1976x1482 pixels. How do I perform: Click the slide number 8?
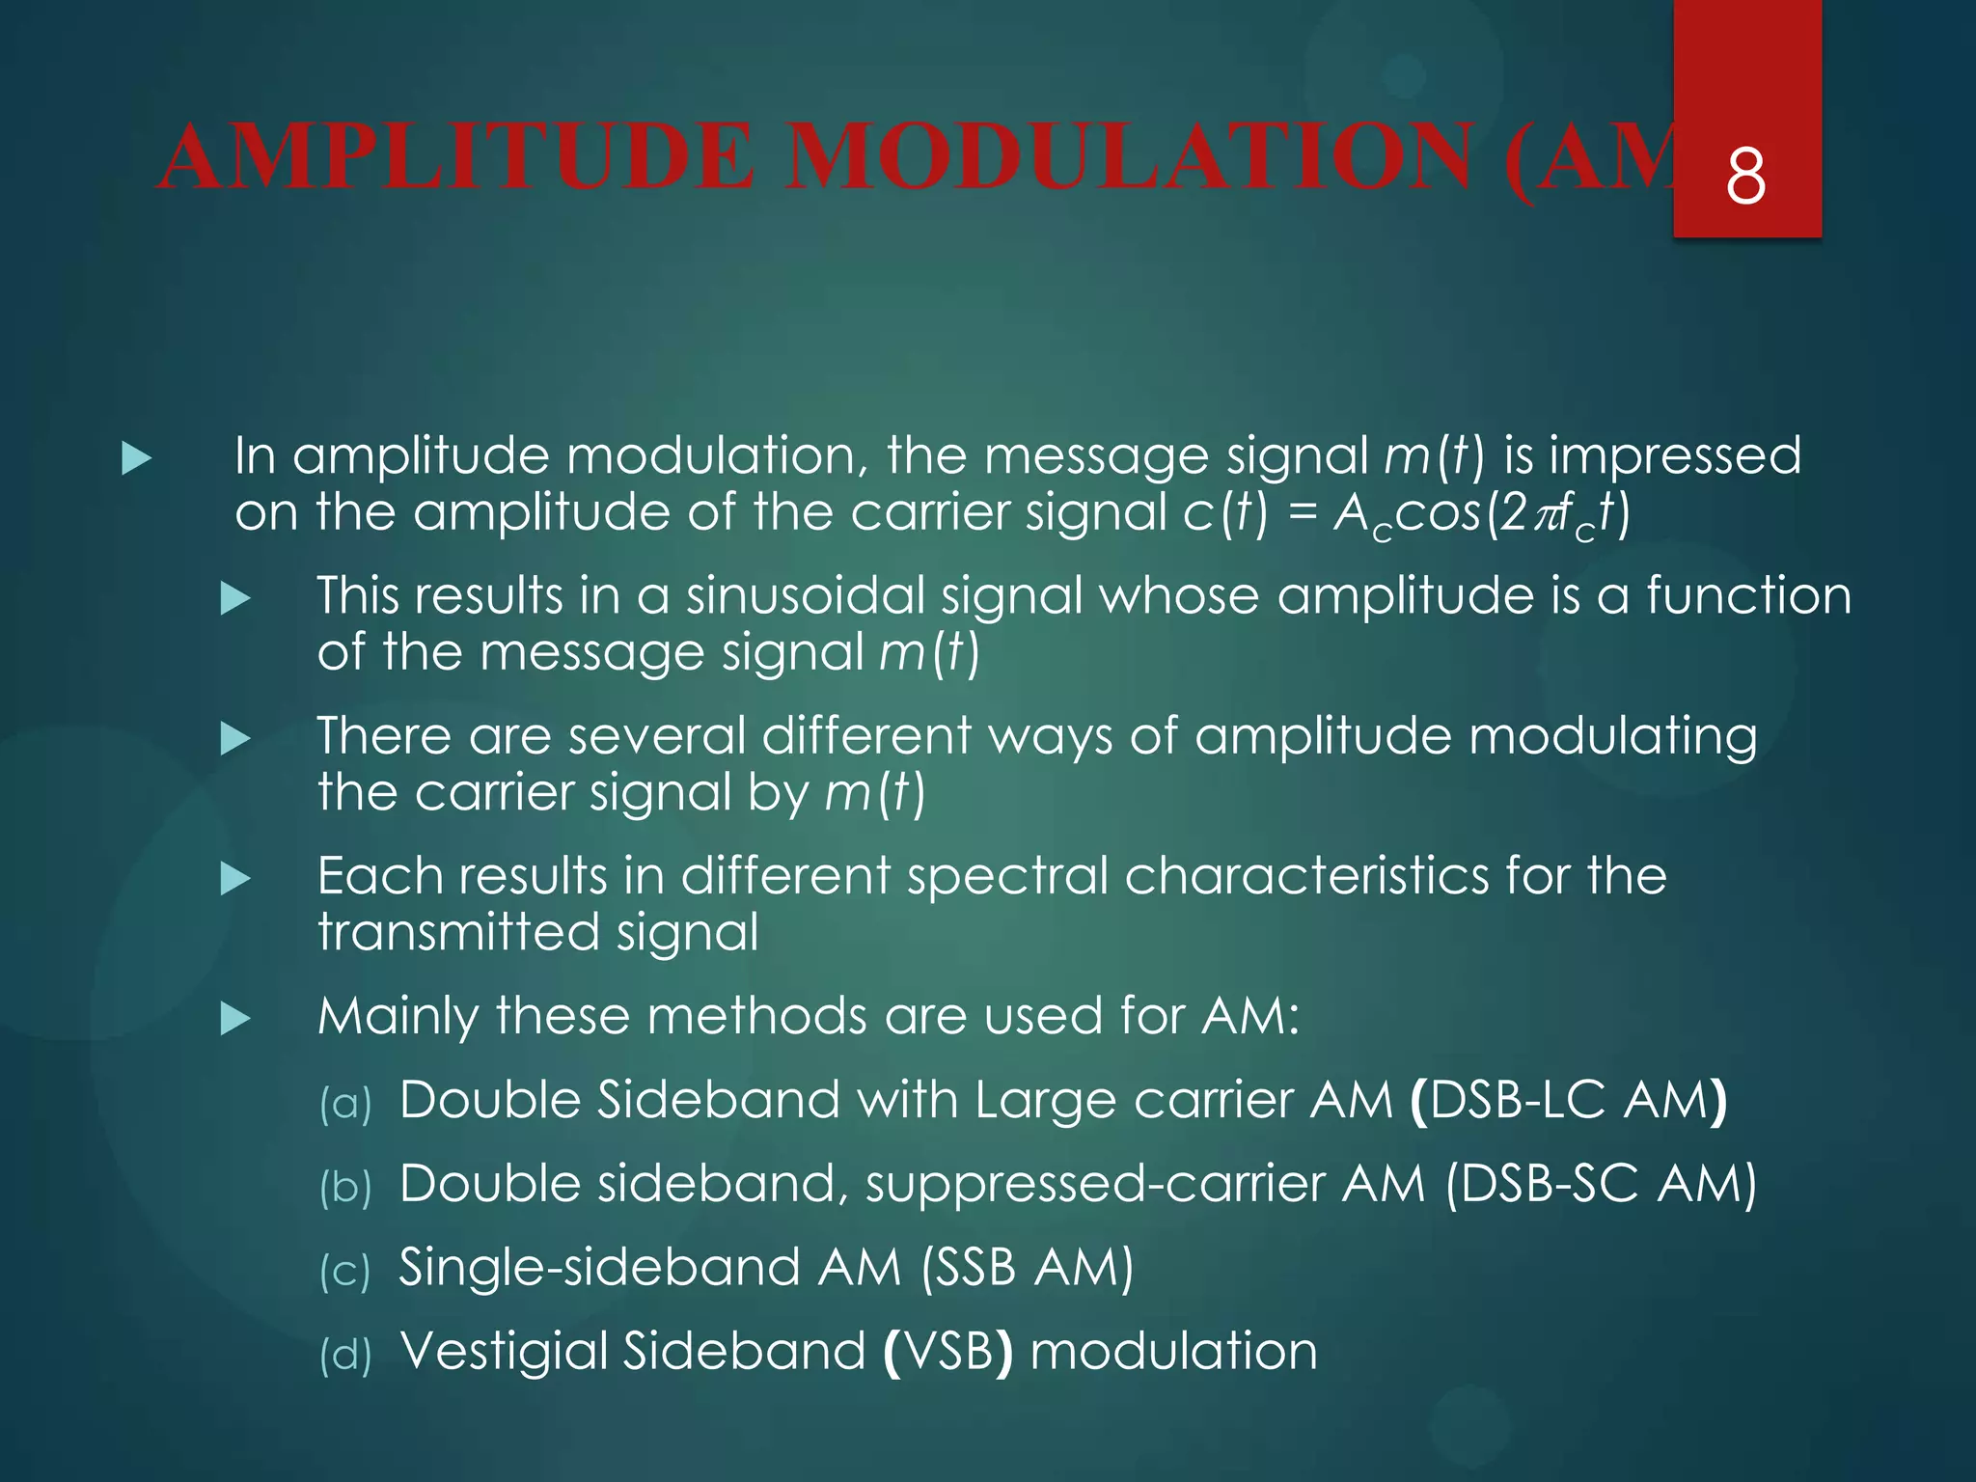tap(1745, 177)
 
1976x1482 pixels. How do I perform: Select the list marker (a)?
tap(345, 1103)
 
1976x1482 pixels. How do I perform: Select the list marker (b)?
tap(345, 1187)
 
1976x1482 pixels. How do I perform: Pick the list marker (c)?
tap(344, 1271)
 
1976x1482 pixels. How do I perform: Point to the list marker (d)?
tap(345, 1355)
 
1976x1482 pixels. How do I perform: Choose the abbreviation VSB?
tap(948, 1351)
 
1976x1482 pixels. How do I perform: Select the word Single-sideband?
tap(599, 1268)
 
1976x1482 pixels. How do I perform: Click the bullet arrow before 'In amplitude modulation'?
tap(137, 458)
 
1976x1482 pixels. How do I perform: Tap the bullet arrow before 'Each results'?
tap(235, 878)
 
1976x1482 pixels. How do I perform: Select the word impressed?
tap(1675, 456)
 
